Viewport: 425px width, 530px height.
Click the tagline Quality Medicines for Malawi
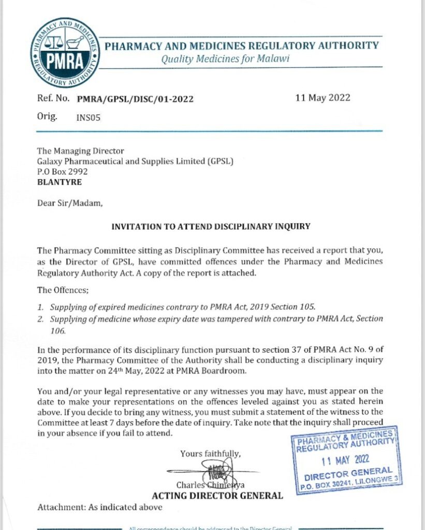point(225,58)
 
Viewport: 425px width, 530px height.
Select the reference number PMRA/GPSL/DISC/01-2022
point(135,99)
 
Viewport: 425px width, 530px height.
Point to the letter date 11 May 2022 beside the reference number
point(323,98)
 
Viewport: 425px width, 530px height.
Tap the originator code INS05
point(88,117)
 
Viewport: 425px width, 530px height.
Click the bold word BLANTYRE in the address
point(59,182)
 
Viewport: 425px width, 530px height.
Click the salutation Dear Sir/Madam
point(70,203)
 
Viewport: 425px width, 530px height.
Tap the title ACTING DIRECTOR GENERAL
point(217,496)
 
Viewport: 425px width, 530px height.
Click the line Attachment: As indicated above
point(100,507)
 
